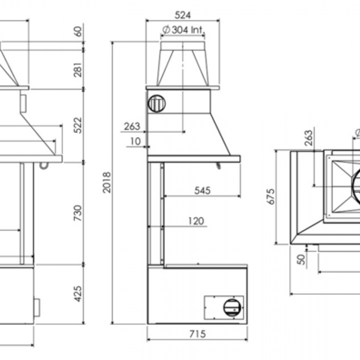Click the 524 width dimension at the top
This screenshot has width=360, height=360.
(x=182, y=15)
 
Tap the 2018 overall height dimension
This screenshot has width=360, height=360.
(x=107, y=182)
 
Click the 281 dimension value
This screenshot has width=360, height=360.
(x=78, y=69)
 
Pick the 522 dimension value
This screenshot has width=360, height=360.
(x=78, y=125)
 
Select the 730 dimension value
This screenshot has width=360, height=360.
(x=78, y=213)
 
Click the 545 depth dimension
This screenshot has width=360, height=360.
(x=202, y=190)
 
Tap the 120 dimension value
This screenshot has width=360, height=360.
(x=196, y=221)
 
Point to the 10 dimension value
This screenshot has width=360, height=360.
(x=136, y=141)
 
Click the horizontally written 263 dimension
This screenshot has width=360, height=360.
(x=132, y=126)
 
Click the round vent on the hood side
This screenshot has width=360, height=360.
(x=157, y=104)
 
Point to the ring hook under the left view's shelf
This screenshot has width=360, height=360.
(x=43, y=164)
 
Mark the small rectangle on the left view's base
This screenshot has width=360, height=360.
(x=36, y=307)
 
